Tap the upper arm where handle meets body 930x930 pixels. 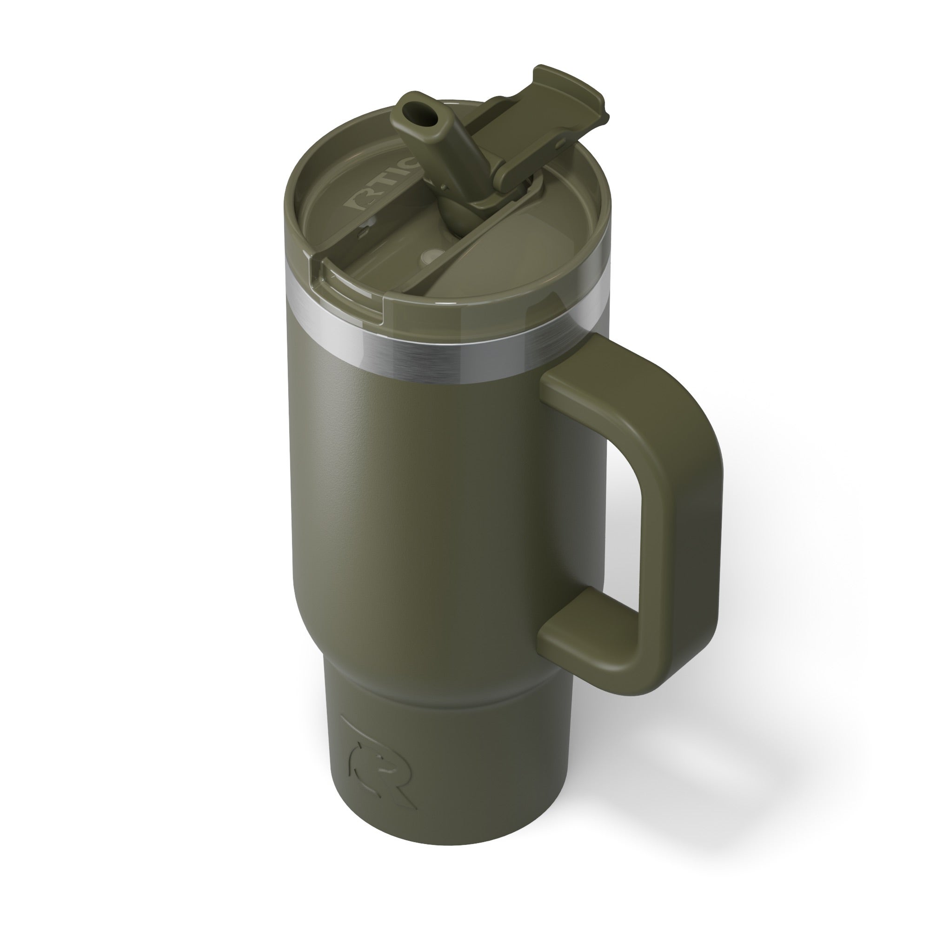[x=578, y=385]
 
